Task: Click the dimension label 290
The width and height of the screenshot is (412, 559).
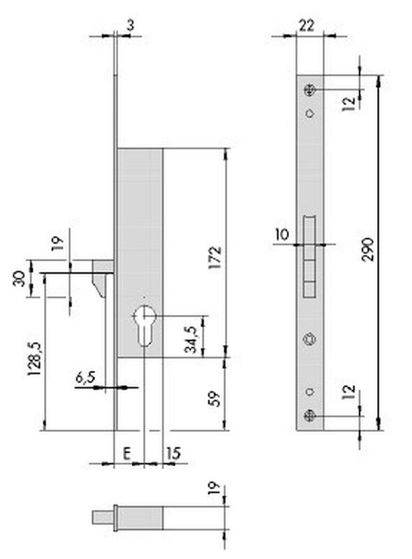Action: pos(368,249)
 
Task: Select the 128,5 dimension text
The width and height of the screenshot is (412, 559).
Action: pos(35,358)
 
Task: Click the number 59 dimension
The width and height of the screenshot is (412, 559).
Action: pos(215,399)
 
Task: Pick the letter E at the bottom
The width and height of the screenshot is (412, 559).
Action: pos(127,453)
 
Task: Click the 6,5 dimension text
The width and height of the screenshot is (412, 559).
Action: pos(85,377)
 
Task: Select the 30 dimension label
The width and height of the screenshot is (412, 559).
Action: pos(20,278)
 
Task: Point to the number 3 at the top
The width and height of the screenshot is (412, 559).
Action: pos(130,26)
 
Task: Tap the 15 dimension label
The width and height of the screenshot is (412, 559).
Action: pos(173,453)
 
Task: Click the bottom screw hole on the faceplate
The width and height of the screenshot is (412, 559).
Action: pos(309,416)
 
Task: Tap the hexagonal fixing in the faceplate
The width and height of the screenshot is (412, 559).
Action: pos(309,339)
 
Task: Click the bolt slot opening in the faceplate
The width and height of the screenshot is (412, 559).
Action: pos(310,256)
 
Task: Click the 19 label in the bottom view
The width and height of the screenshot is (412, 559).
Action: pos(213,491)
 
